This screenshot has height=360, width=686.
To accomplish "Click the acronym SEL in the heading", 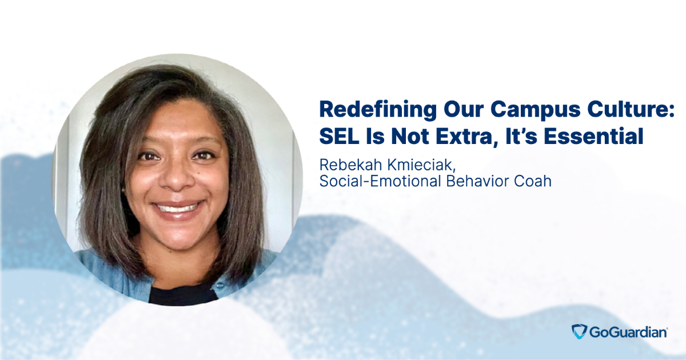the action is click(338, 136).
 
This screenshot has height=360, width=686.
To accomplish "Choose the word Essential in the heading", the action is click(593, 136).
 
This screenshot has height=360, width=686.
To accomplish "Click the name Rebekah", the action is click(351, 165).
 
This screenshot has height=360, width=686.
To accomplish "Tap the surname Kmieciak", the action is click(421, 165).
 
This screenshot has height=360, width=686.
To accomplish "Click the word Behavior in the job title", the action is click(477, 181).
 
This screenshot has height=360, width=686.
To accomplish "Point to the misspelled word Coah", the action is click(533, 181).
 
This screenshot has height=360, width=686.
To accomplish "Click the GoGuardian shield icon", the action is click(579, 331).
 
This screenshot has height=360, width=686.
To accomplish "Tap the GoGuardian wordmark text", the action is click(628, 332).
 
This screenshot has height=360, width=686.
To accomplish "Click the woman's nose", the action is click(178, 178).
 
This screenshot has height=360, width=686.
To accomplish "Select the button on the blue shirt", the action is click(220, 286).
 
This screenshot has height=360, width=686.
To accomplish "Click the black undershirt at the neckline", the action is click(182, 294).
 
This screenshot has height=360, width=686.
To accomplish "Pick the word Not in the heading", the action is click(410, 136).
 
